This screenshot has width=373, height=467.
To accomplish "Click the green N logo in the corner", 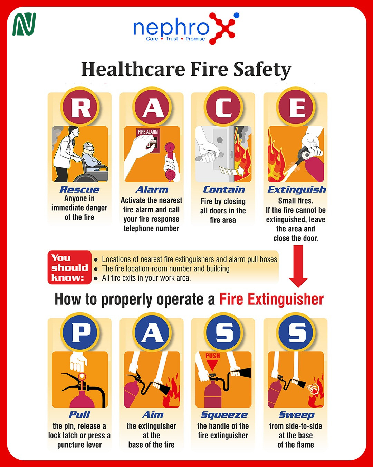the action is coord(24,24).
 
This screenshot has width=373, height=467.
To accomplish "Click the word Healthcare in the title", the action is coord(133,69).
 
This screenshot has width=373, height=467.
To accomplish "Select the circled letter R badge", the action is coord(80,107).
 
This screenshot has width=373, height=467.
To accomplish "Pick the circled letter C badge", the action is coord(223,107).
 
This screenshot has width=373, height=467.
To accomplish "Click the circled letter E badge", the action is coord(296,107).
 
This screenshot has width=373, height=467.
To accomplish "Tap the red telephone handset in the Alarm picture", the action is coord(170,161).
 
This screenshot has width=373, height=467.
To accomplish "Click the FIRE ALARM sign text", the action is coord(148,132).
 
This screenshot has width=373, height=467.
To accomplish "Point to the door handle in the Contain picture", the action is coord(209,156).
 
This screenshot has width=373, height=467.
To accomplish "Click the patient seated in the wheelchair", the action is coord(92,156).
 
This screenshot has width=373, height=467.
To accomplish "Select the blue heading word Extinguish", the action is coord(297,190).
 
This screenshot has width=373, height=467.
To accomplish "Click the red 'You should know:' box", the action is coord(69,267).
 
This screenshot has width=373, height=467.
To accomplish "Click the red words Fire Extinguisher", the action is coord(271,300).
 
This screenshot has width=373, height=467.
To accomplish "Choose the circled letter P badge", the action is coord(80,332).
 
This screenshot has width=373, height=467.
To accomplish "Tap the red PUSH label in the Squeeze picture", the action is coord(213,356).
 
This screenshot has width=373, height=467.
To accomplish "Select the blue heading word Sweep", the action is coord(296,415).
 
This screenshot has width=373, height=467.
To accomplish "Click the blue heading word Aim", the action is coord(153,415).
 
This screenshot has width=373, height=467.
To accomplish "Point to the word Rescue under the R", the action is coord(79,190).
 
